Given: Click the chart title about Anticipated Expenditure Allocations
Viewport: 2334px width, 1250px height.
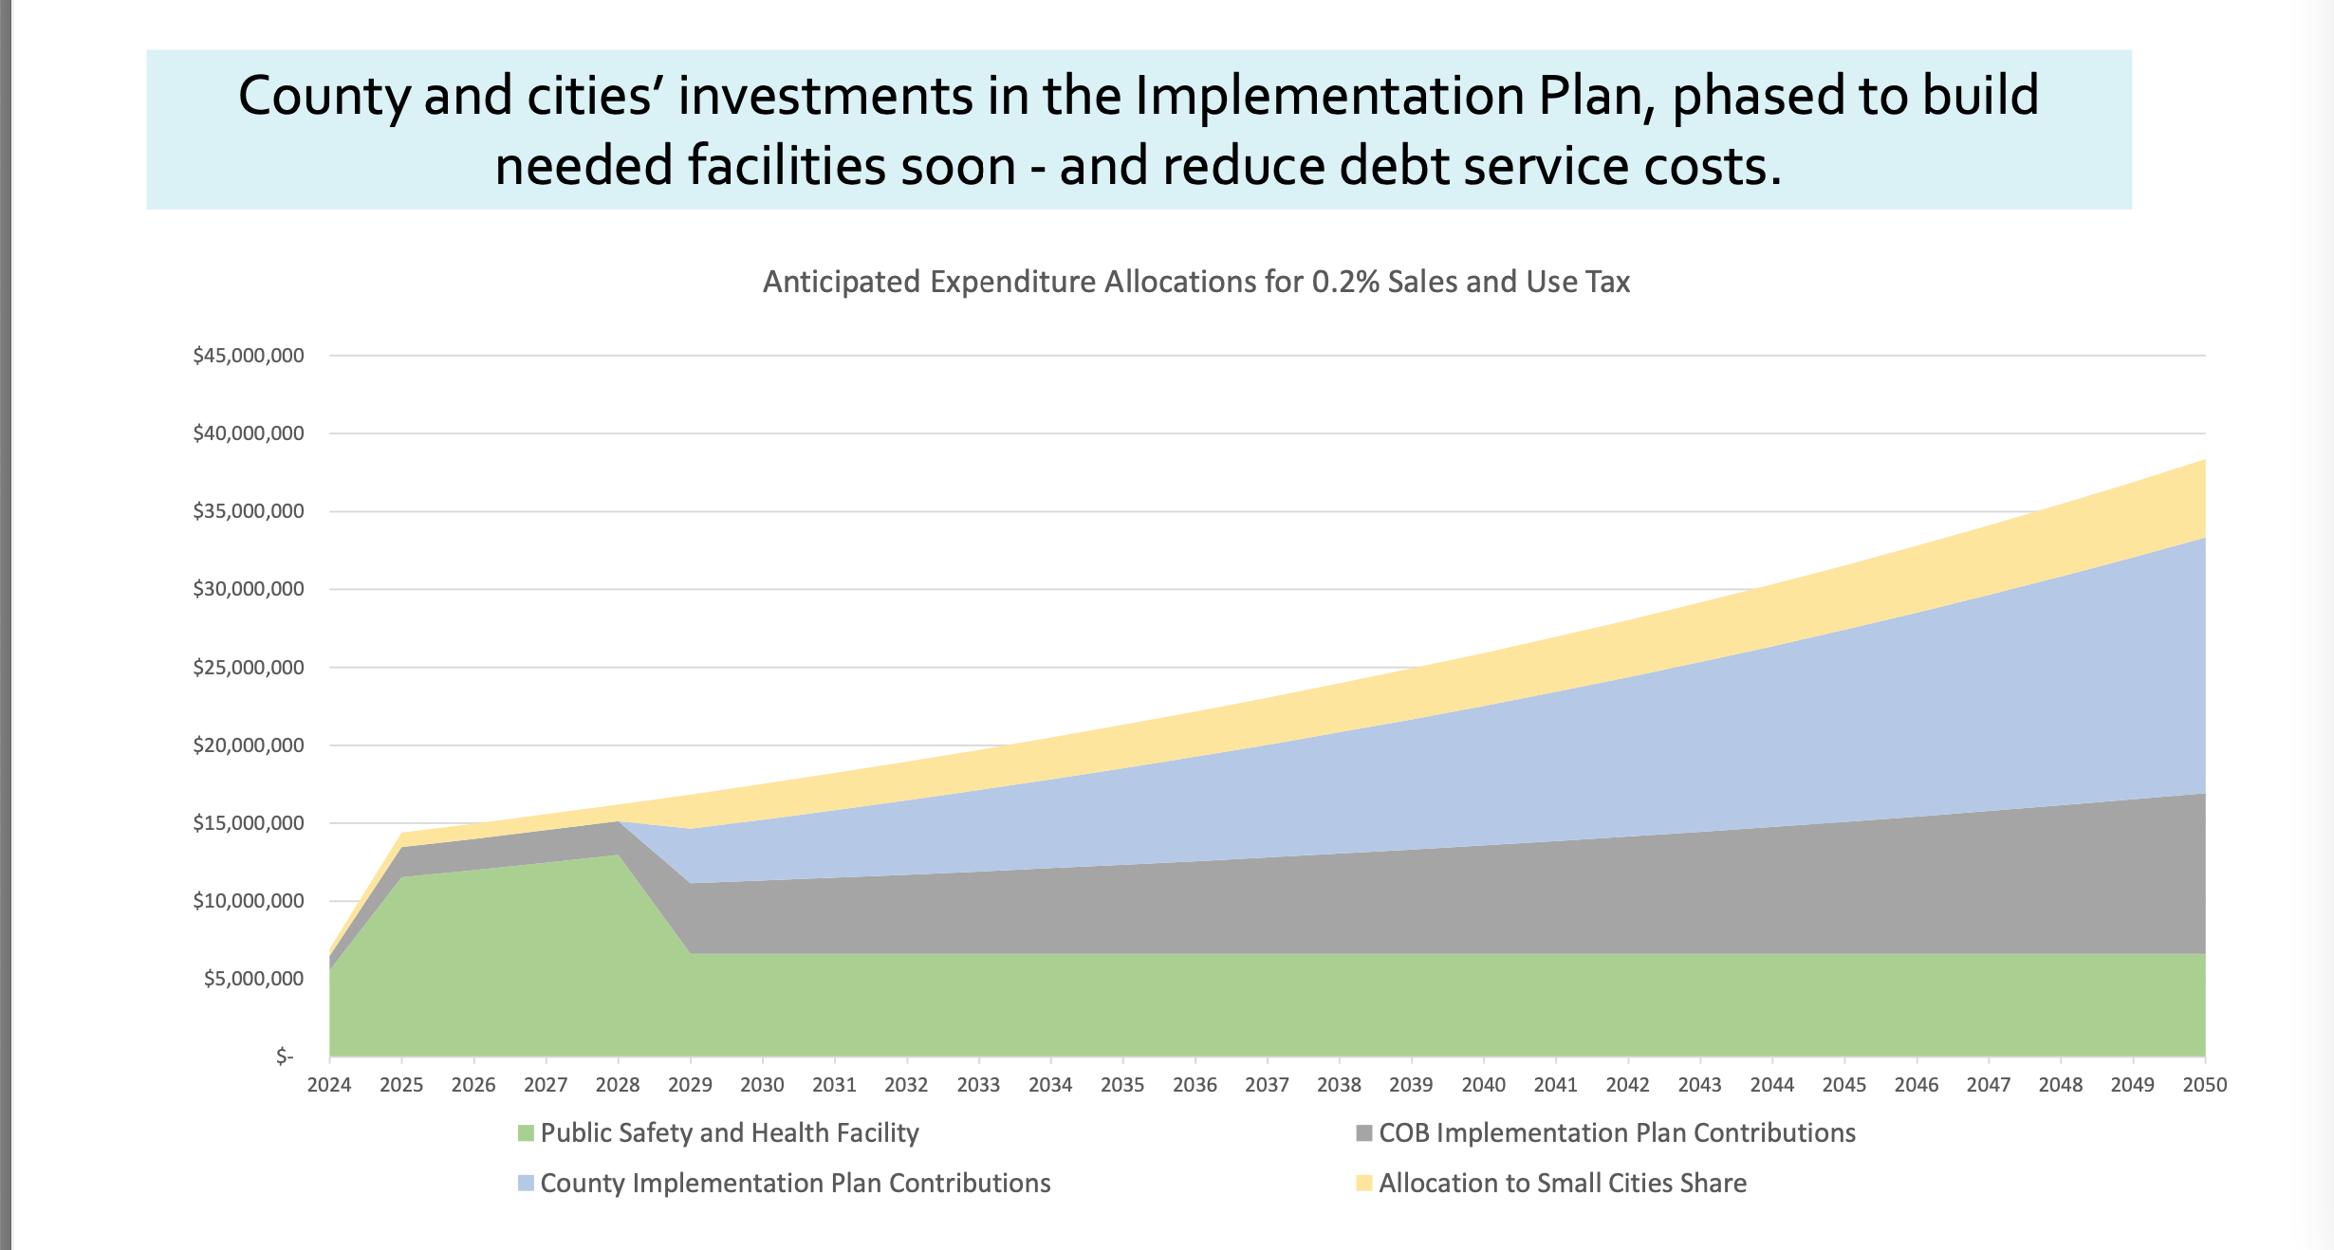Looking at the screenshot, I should point(1195,282).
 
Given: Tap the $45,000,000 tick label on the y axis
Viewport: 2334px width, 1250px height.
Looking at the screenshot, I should point(249,356).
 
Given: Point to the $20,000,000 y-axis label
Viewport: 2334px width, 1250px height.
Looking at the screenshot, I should point(249,745).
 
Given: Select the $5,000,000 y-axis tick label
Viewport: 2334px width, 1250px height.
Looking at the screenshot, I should point(254,979).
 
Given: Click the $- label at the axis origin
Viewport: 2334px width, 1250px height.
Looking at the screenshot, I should point(285,1057).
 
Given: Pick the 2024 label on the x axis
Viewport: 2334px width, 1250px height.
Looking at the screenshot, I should point(329,1085).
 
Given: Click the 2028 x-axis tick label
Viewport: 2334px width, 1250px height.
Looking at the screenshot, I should point(618,1085).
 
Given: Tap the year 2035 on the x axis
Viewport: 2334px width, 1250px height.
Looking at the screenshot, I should point(1122,1085).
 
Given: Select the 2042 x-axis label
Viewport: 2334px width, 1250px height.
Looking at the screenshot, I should point(1627,1085).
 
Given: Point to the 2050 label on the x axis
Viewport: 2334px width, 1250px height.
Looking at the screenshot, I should point(2204,1085).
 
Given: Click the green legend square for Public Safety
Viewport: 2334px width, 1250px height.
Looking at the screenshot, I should point(526,1133).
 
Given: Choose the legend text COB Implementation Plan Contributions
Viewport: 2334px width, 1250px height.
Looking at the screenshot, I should point(1617,1133).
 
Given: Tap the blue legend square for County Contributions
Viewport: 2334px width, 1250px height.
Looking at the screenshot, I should point(526,1184).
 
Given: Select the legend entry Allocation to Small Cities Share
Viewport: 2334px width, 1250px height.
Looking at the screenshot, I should point(1562,1184).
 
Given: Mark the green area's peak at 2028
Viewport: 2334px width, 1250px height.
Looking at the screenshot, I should point(618,855).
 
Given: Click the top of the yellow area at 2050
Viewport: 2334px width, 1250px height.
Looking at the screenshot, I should point(2203,462).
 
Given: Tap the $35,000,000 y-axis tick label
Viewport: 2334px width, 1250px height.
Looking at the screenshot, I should point(249,511).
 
